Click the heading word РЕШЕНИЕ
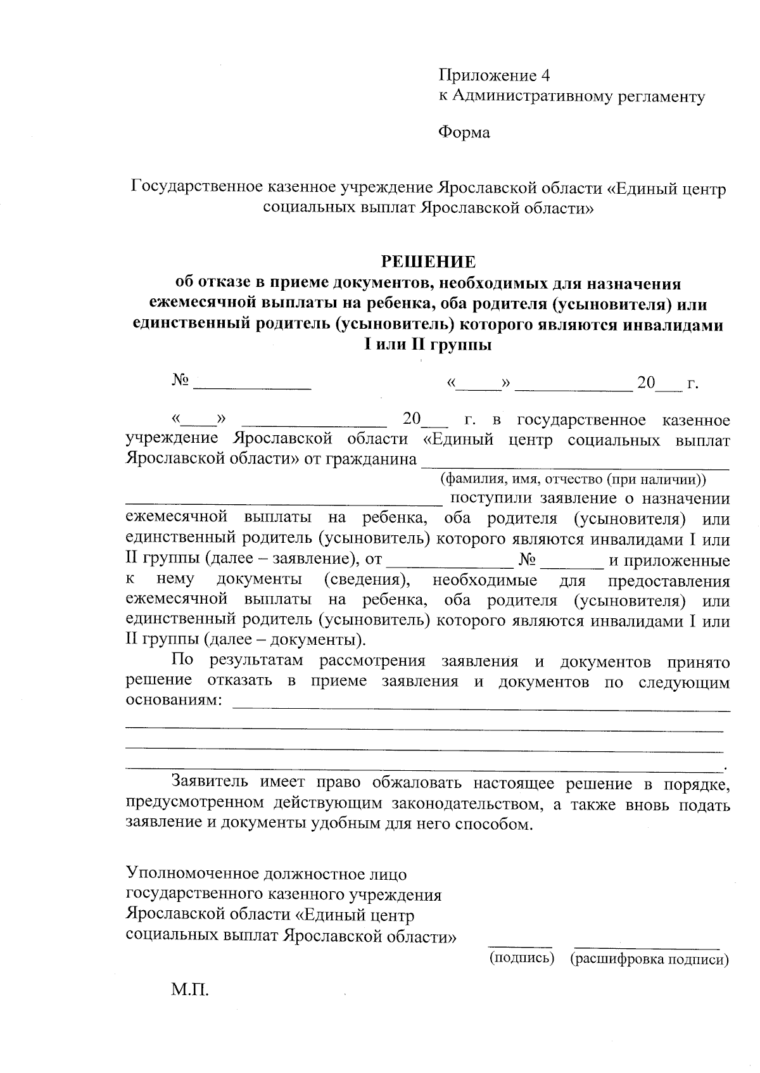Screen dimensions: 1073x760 tap(427, 262)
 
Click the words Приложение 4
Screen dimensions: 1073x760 tap(494, 76)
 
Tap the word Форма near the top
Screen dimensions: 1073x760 tap(464, 133)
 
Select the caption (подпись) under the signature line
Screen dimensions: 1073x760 tap(521, 958)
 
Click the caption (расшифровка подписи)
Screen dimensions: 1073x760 tap(649, 959)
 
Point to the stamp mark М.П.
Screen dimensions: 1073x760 tap(189, 989)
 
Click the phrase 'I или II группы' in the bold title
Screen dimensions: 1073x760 tap(427, 345)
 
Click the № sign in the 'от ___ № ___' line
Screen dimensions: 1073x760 tap(527, 560)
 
